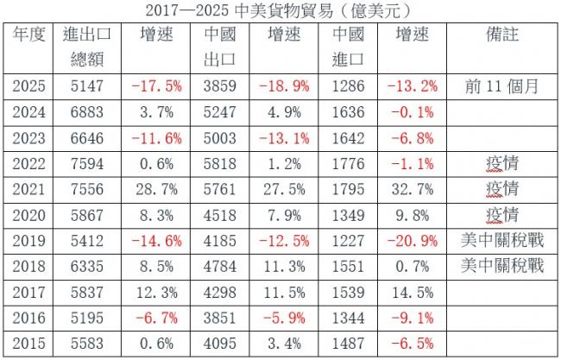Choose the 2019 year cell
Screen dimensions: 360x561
(30, 238)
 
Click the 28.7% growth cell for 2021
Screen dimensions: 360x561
(156, 188)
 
